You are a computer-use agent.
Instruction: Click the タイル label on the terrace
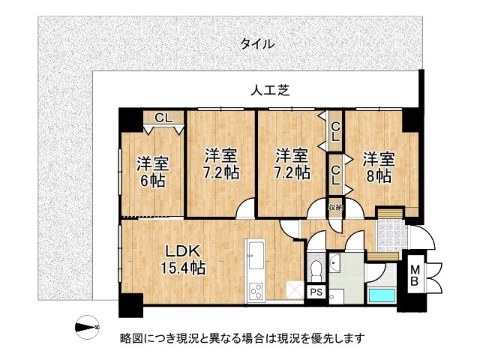click(257, 43)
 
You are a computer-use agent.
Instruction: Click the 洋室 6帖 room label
click(151, 172)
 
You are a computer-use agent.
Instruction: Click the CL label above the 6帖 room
click(164, 117)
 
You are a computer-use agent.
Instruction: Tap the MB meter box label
click(413, 274)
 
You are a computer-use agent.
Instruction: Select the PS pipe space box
click(315, 292)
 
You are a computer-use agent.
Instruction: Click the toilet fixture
click(315, 267)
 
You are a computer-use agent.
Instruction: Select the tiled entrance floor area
click(388, 236)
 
